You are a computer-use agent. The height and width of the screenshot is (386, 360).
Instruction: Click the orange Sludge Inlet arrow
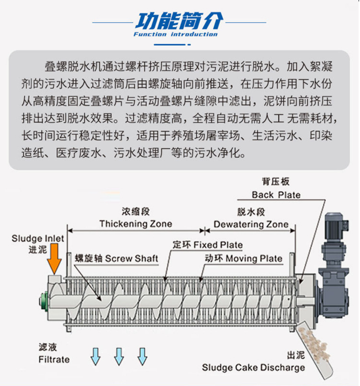pos(54,258)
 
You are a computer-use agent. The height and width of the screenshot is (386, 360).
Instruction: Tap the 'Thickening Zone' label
pos(136,224)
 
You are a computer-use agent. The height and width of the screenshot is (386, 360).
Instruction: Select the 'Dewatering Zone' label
pos(251,224)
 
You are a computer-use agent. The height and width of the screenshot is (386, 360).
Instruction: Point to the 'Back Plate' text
pos(276,195)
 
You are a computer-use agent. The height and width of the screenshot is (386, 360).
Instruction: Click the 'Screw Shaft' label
pos(132,258)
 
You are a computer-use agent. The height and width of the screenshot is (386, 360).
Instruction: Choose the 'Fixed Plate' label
pos(218,245)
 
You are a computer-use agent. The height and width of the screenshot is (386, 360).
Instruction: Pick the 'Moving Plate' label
pos(254,258)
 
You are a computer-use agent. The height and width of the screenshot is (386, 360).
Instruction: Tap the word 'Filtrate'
pos(54,360)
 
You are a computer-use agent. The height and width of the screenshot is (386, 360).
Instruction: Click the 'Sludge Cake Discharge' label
pos(253,367)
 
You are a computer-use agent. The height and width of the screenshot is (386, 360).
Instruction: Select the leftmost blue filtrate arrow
pos(96,356)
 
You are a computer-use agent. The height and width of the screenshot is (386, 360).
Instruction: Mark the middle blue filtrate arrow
pos(119,356)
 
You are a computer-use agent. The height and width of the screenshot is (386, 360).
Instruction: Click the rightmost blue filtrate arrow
pos(142,356)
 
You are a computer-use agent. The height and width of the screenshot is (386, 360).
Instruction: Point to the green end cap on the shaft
pos(44,301)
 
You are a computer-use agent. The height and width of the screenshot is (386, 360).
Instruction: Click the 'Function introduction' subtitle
pos(176,34)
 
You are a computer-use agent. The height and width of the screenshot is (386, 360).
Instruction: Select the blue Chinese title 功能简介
pos(179,21)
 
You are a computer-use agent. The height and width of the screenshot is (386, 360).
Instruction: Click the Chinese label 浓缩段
pos(136,211)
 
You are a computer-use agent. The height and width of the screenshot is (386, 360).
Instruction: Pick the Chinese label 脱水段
pos(251,212)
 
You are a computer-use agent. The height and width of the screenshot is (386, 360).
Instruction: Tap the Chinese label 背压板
pos(276,182)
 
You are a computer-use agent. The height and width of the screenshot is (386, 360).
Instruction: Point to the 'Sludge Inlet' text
pos(38,238)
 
